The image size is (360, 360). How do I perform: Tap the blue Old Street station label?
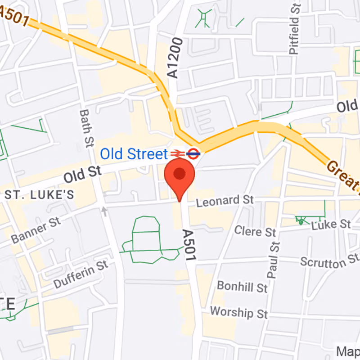point(133,154)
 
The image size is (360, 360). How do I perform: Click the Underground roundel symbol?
point(193,153)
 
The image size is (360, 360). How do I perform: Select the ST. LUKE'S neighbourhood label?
point(39,195)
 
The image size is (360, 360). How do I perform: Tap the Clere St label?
point(255,232)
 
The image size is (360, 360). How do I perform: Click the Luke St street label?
point(331,224)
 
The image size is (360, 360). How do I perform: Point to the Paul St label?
point(273,260)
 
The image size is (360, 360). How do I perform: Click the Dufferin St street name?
point(81,274)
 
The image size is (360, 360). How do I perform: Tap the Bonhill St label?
point(242,286)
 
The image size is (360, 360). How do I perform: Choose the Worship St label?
point(239,311)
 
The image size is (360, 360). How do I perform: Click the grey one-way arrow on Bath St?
point(104,210)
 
